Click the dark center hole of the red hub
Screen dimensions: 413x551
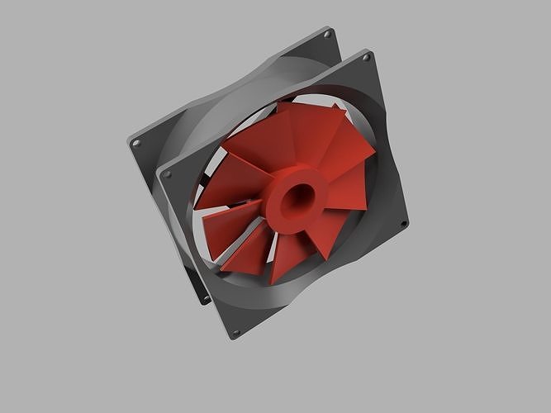point(295,196)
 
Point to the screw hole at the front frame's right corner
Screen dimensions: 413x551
point(403,224)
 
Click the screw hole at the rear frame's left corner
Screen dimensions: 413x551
point(136,143)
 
